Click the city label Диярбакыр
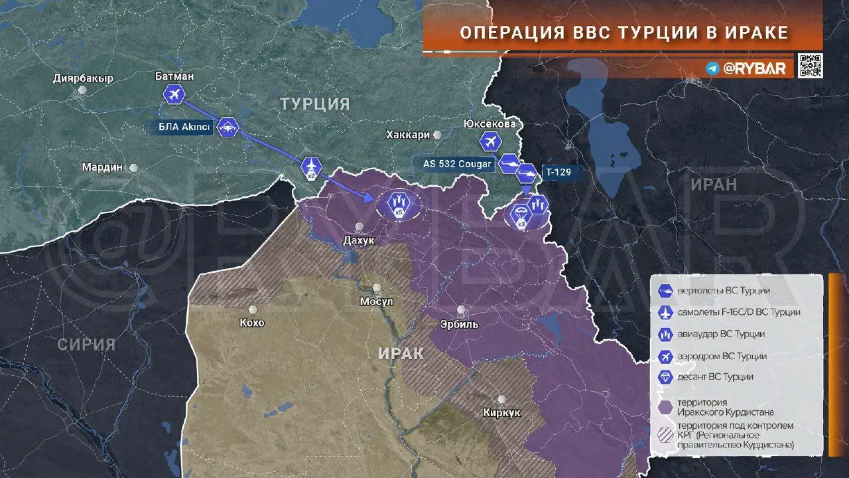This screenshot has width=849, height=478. (x=83, y=78)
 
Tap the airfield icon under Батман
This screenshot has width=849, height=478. (x=174, y=95)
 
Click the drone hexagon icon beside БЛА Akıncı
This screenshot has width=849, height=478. (x=227, y=127)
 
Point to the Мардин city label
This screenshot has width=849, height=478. (x=102, y=167)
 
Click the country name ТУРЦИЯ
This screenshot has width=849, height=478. (x=314, y=104)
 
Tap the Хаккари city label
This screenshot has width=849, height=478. (x=408, y=135)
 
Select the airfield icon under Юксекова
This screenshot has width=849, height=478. (x=490, y=141)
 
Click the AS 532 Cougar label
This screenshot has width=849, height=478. (x=458, y=163)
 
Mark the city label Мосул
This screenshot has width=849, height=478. (x=377, y=301)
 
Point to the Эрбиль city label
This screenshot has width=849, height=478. (x=459, y=325)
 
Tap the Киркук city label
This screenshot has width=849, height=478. (x=501, y=413)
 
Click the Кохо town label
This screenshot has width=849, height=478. (x=252, y=323)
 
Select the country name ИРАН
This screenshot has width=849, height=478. (x=713, y=185)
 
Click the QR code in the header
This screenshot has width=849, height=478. (x=810, y=66)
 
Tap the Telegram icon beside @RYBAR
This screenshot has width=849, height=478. (x=712, y=68)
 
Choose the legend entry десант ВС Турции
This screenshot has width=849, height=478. (x=715, y=377)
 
